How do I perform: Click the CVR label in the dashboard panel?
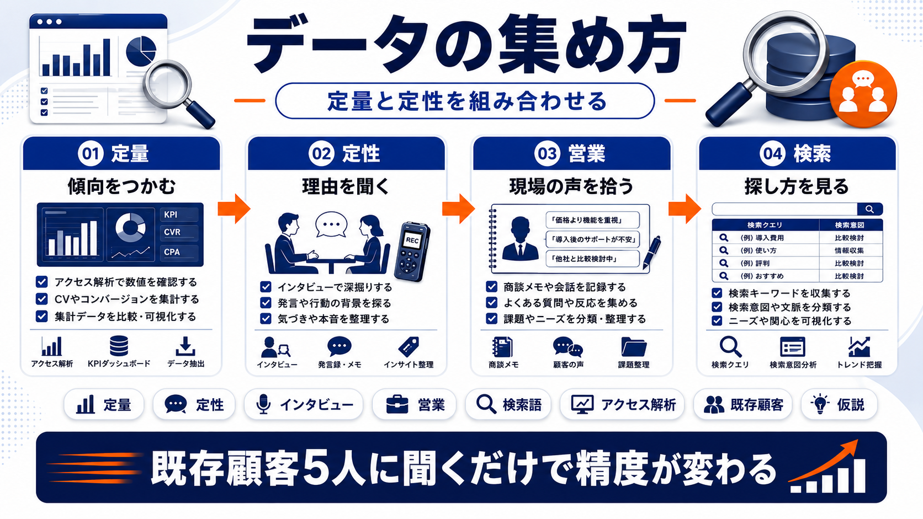point(172,232)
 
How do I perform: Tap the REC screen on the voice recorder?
point(412,240)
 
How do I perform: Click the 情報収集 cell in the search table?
point(849,250)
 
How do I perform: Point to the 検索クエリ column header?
point(765,225)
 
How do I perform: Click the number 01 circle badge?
point(91,153)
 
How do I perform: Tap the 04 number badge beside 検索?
point(772,153)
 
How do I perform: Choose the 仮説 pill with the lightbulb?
point(839,404)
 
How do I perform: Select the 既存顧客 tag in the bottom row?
point(742,404)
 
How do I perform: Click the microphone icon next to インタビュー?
point(263,404)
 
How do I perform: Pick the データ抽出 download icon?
point(185,346)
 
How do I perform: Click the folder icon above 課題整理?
point(634,347)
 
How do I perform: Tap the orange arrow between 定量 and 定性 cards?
point(234,208)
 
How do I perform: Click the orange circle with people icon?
point(863,94)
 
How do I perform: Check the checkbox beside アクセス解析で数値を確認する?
point(41,282)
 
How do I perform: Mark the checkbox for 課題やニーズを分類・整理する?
point(491,319)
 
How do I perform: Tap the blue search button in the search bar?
point(869,209)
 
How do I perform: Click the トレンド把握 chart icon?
point(859,346)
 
